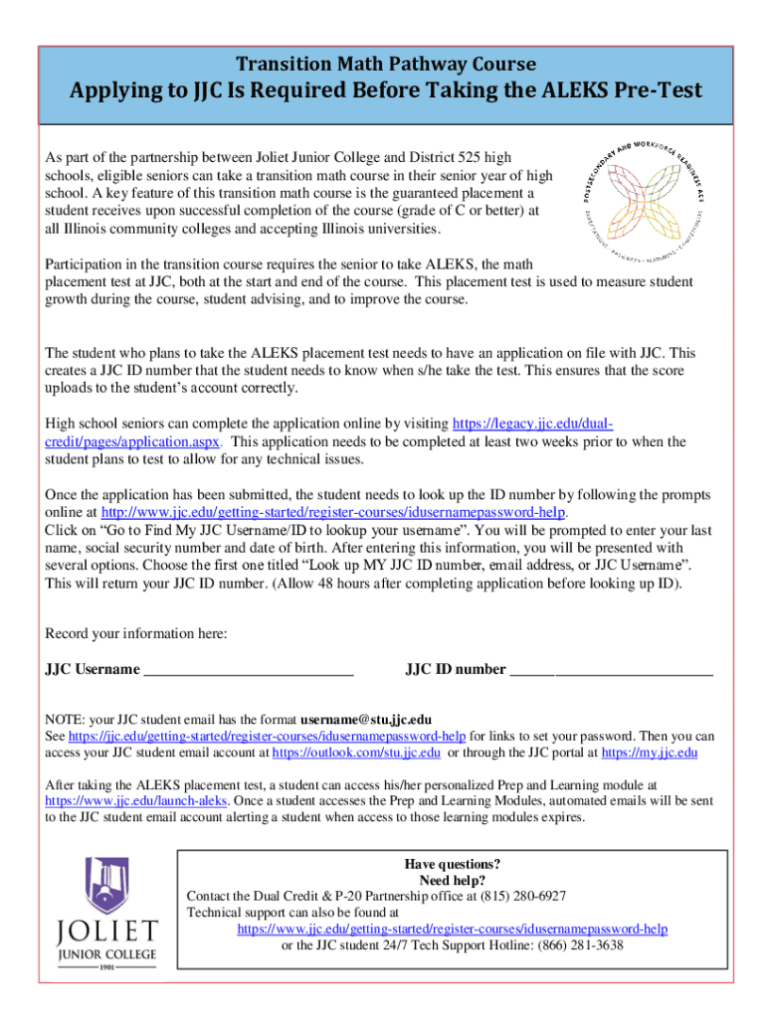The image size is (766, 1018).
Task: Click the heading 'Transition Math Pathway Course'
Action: tap(383, 64)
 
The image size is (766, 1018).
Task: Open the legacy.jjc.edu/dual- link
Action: tap(533, 424)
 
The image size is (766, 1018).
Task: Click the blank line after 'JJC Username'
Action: tap(249, 670)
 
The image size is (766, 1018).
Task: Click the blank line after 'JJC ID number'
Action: tap(611, 670)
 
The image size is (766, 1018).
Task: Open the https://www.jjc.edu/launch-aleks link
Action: tap(138, 800)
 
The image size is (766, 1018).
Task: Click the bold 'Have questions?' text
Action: tap(452, 863)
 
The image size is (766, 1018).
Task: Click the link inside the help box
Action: tap(452, 929)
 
